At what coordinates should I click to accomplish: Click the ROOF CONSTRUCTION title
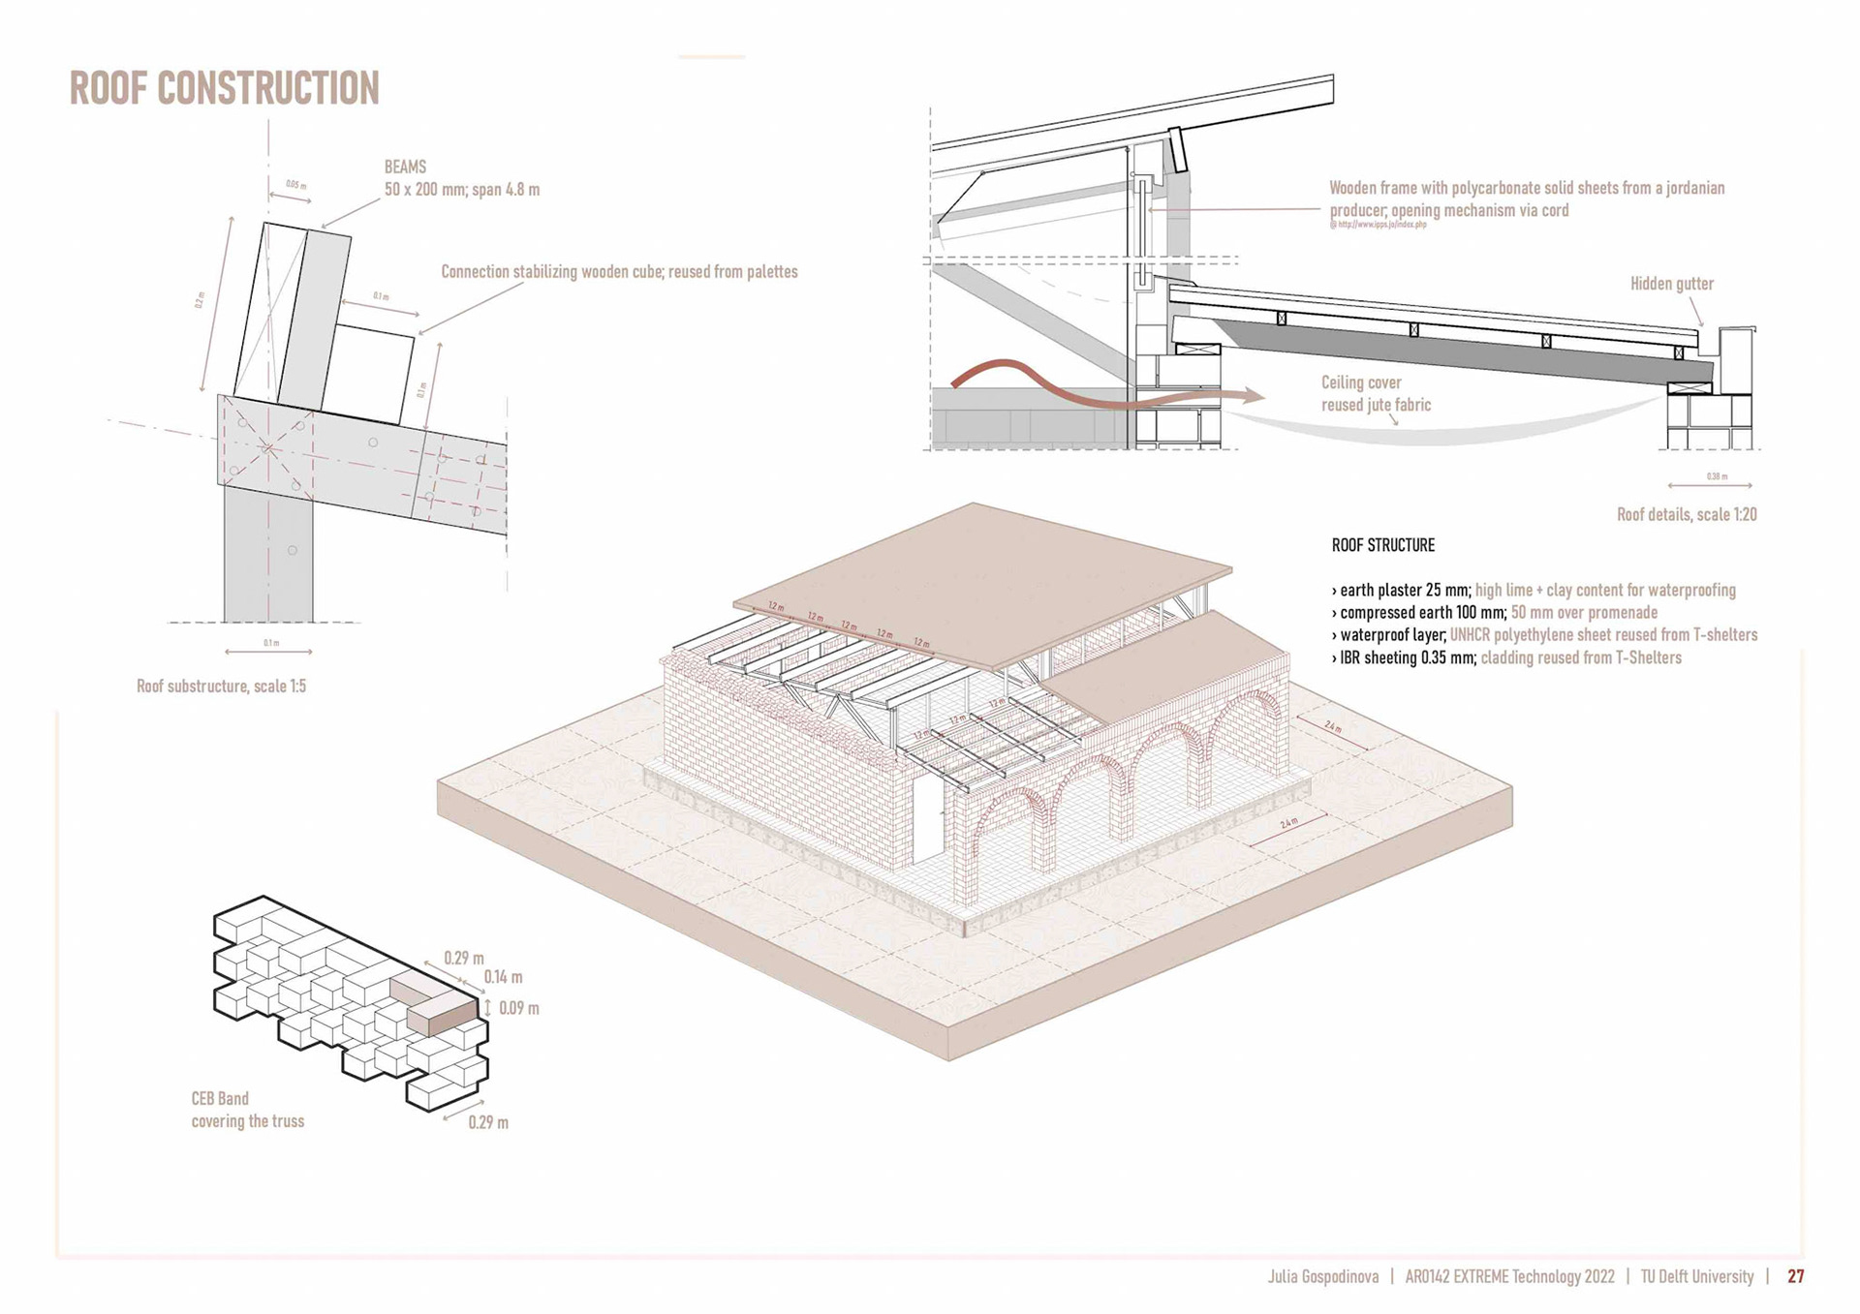tap(224, 88)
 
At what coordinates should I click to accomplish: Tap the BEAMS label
tap(405, 168)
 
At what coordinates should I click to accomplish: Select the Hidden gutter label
tap(1671, 284)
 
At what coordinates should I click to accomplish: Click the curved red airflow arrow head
tap(1254, 395)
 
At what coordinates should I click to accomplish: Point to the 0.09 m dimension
tap(518, 1008)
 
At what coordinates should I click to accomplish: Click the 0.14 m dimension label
tap(503, 977)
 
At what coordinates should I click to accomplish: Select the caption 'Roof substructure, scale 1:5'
tap(221, 687)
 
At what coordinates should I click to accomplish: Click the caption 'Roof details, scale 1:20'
tap(1686, 515)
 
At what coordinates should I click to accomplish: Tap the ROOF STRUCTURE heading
tap(1382, 545)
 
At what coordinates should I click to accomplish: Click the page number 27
tap(1795, 1276)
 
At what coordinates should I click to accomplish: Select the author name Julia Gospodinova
tap(1322, 1276)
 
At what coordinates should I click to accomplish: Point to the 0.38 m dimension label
tap(1716, 476)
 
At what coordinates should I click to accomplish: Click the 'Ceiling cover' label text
tap(1361, 382)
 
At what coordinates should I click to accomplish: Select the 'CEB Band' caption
tap(220, 1098)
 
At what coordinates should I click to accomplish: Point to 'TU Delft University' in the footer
tap(1696, 1276)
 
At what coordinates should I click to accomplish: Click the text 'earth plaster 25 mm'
tap(1405, 590)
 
